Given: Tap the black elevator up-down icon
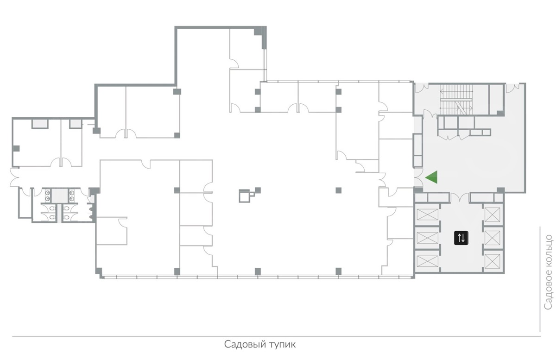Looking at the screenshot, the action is click(x=461, y=238).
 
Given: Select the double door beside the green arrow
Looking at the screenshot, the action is click(x=418, y=177).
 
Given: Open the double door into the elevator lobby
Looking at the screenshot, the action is click(x=460, y=197).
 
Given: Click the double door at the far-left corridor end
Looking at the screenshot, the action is click(x=14, y=177).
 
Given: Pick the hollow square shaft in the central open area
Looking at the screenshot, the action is click(x=245, y=196).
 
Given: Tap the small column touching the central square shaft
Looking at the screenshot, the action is click(x=258, y=190).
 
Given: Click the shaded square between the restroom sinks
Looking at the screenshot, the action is click(x=59, y=196).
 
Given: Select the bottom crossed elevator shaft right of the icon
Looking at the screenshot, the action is click(x=492, y=261).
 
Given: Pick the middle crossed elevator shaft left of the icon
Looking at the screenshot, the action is click(x=427, y=238).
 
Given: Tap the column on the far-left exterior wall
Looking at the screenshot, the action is click(x=16, y=148).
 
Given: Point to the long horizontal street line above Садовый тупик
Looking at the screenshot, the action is click(x=276, y=336).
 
